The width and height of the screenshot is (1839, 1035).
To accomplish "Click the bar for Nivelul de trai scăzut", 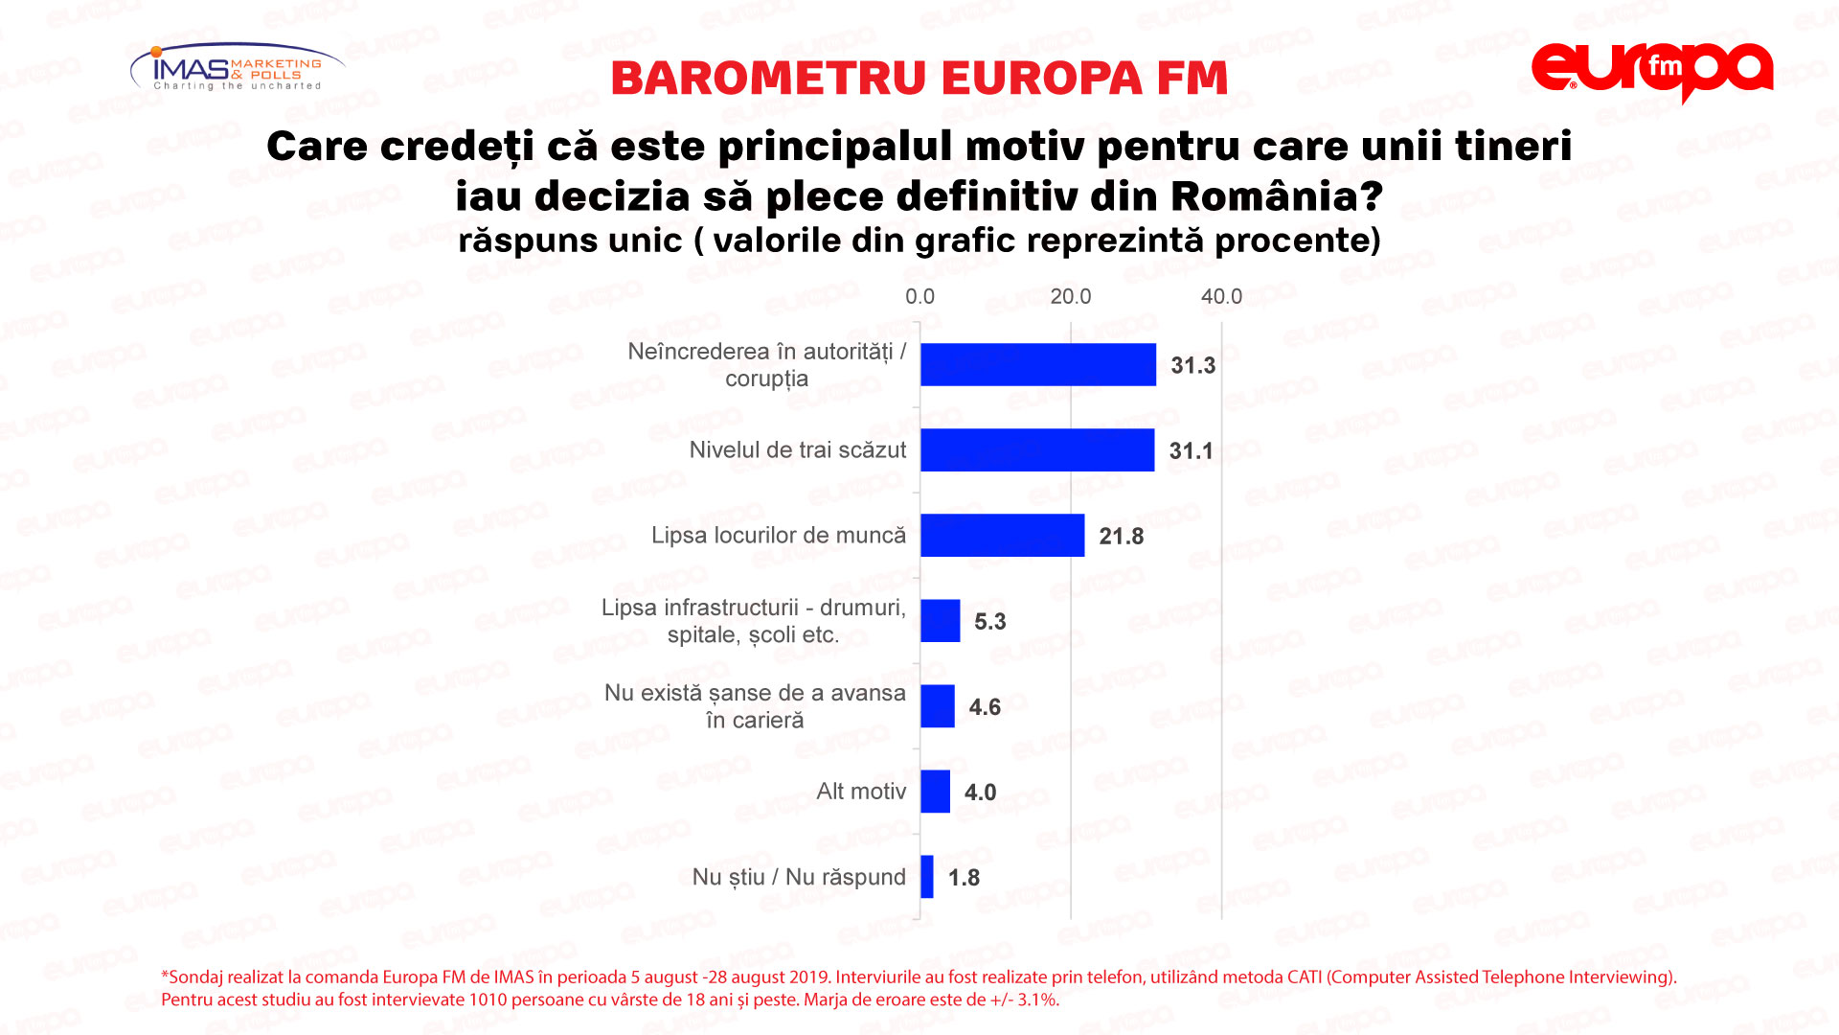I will [1037, 450].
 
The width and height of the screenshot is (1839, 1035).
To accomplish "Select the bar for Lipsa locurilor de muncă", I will [1002, 536].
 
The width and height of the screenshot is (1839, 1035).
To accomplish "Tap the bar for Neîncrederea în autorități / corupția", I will [1038, 365].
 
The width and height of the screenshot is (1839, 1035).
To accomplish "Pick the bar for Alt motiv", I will [935, 793].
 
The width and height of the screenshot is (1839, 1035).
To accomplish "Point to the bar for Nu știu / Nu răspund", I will [927, 877].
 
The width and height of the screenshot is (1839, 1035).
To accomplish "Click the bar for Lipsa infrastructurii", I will [940, 621].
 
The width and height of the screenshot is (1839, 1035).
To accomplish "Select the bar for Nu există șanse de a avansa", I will [938, 706].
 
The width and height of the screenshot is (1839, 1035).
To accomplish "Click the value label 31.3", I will [1192, 366].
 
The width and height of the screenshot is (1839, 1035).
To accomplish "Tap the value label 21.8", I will [1121, 537].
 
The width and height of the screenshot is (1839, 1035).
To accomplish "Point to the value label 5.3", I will [989, 622].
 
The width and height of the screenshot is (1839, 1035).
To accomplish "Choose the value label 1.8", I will [964, 878].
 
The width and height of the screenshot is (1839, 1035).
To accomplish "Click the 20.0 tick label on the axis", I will [1070, 297].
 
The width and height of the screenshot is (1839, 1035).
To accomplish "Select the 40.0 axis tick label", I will [1221, 297].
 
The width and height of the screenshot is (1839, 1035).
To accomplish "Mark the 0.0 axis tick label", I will [919, 297].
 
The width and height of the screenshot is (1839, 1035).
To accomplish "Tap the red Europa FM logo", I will [1652, 71].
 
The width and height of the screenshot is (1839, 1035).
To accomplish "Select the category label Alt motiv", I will [860, 792].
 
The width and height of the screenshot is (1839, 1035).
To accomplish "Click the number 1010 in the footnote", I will [488, 1000].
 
